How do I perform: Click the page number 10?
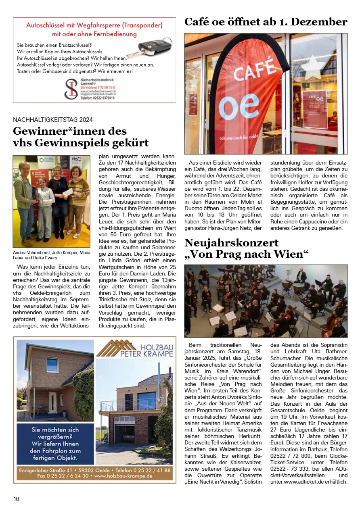16,499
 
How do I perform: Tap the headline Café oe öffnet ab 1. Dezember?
266,22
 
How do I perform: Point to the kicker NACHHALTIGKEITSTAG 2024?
53,119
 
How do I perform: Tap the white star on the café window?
315,67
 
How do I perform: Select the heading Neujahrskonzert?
231,243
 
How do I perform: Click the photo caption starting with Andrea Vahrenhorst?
51,255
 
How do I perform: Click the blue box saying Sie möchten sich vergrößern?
55,444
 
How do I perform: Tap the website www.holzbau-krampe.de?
123,476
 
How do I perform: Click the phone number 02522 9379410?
97,98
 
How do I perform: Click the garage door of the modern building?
124,428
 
